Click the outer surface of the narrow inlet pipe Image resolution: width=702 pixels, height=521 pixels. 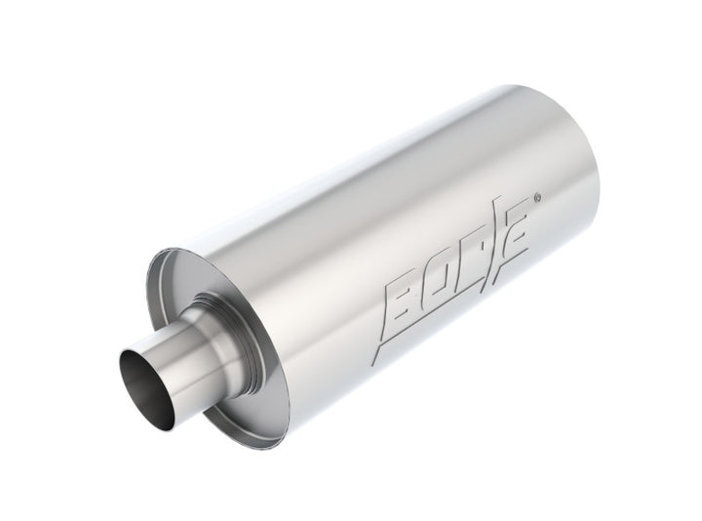point(180,372)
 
